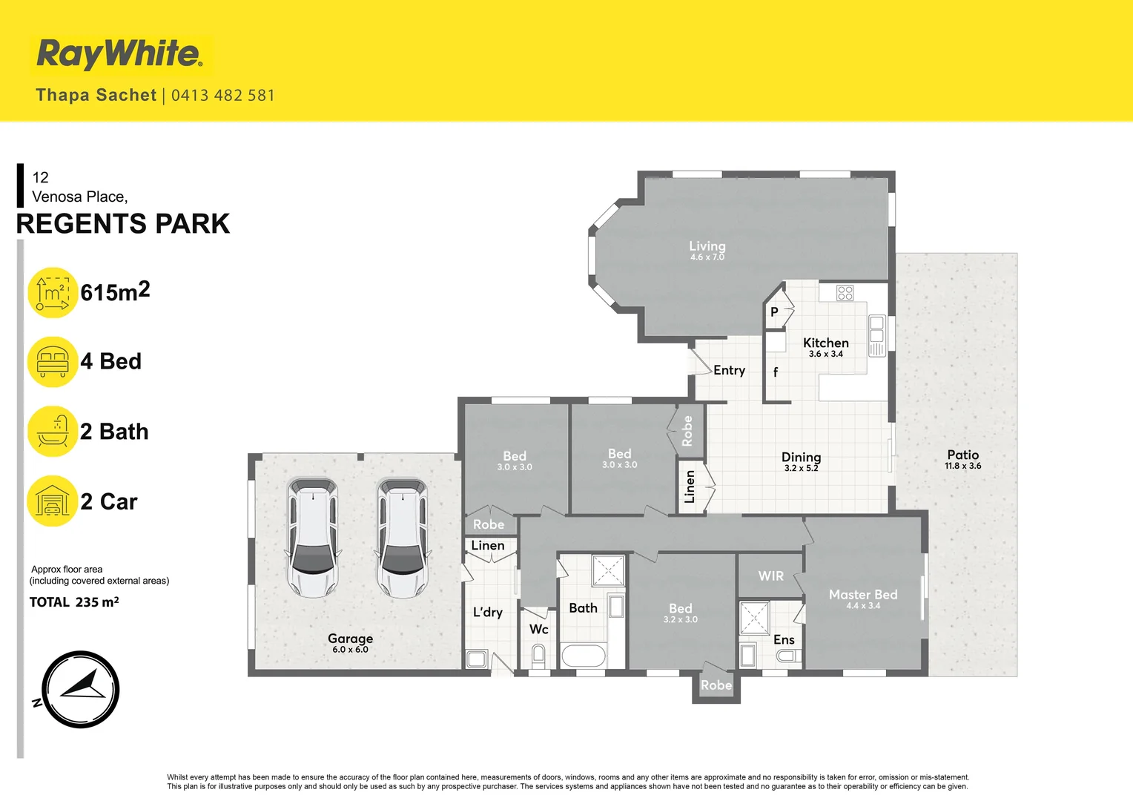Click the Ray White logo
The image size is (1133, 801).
pos(119,55)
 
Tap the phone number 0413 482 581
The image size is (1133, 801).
pos(222,96)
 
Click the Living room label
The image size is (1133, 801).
pos(707,246)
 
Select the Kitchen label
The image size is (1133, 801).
pos(825,343)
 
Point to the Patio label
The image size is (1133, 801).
pos(962,455)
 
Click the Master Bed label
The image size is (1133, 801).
pos(862,595)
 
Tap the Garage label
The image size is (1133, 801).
pos(350,639)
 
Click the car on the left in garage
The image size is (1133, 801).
pos(313,538)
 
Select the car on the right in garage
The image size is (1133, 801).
pos(402,538)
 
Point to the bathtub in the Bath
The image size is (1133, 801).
pos(584,656)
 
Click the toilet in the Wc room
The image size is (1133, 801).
pos(538,656)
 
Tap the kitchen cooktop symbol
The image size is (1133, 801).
pos(845,293)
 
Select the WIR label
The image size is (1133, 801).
pos(770,576)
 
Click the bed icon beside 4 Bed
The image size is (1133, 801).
pos(53,362)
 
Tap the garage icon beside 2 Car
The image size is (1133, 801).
pos(53,501)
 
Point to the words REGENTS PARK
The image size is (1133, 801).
pos(123,224)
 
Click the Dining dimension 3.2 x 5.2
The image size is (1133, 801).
pos(801,468)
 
